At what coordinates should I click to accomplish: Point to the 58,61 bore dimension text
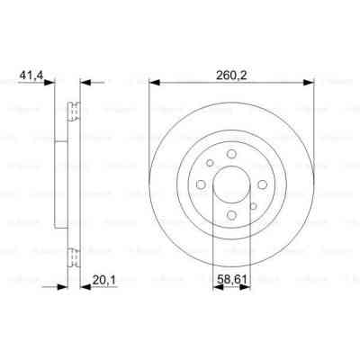pyautogui.click(x=236, y=279)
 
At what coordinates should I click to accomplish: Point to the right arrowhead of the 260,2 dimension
pyautogui.click(x=309, y=82)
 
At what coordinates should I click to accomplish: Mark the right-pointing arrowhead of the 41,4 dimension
pyautogui.click(x=51, y=82)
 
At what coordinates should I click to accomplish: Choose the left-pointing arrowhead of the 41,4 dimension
pyautogui.click(x=85, y=82)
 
